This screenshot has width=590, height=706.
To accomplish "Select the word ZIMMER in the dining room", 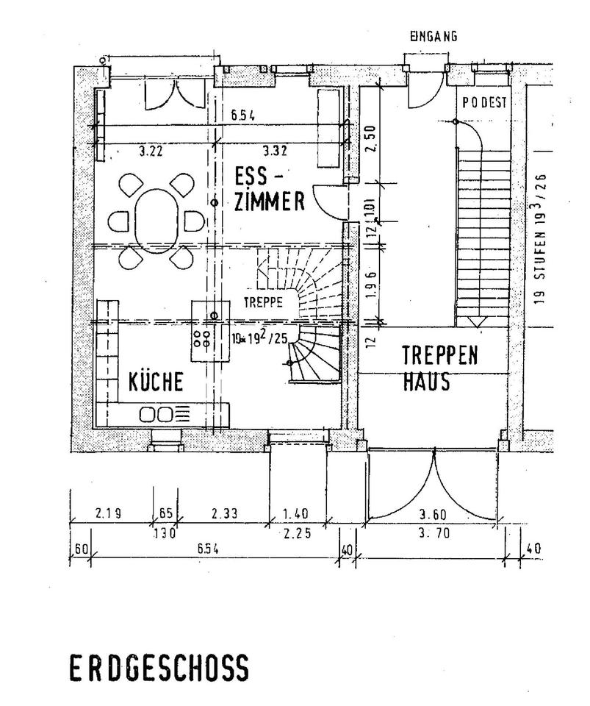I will pyautogui.click(x=268, y=202).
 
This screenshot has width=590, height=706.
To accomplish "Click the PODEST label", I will pyautogui.click(x=484, y=103).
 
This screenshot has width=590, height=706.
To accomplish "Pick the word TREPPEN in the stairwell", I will pyautogui.click(x=440, y=356).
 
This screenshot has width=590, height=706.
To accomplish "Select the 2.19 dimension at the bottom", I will pyautogui.click(x=108, y=513).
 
